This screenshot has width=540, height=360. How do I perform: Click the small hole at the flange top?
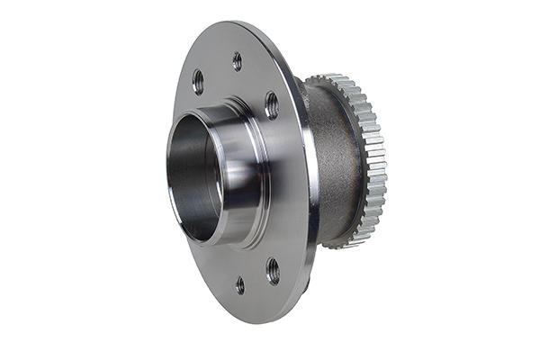click(237, 61)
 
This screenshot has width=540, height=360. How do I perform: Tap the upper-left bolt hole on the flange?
click(198, 82)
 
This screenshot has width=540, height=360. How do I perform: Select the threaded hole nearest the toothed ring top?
click(271, 104)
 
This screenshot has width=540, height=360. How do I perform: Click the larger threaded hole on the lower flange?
click(272, 270)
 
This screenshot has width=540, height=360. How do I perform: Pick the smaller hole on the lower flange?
click(239, 285)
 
